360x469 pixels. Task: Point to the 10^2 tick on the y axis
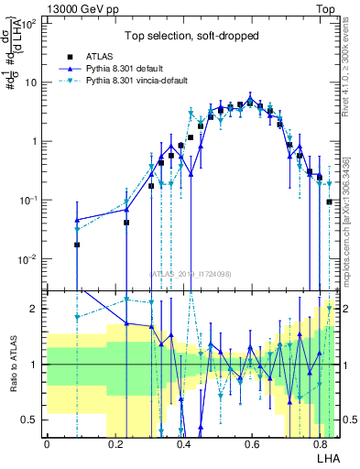coord(29,23)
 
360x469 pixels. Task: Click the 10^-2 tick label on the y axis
coord(28,259)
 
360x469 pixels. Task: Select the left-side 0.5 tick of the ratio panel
coord(30,420)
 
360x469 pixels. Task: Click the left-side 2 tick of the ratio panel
coord(35,309)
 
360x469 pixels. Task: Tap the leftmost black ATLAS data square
coord(77,245)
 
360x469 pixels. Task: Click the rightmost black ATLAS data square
coord(330,202)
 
